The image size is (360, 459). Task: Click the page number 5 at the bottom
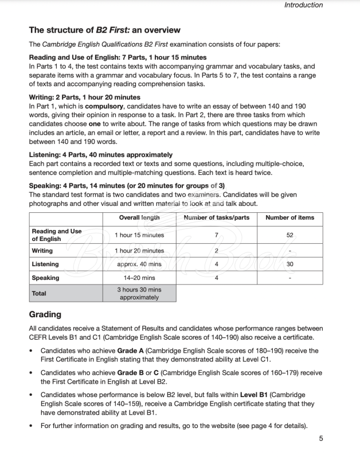click(x=321, y=439)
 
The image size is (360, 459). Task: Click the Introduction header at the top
click(x=303, y=5)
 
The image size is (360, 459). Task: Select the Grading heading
click(x=45, y=314)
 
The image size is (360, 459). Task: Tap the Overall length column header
click(x=139, y=218)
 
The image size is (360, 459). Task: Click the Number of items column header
click(x=289, y=218)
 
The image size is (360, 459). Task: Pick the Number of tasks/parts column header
click(x=216, y=218)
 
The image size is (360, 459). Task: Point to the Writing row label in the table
click(x=42, y=251)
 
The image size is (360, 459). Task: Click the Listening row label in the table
click(x=45, y=264)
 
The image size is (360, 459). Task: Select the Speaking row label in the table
click(x=45, y=278)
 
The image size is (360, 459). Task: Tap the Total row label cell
click(x=39, y=293)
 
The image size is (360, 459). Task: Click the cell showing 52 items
click(x=289, y=235)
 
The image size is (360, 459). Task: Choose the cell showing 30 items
click(x=289, y=264)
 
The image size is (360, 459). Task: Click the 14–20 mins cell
click(x=139, y=278)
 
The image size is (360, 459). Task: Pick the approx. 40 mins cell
click(x=139, y=264)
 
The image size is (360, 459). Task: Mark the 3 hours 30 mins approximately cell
click(x=139, y=294)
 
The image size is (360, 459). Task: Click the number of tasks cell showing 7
click(x=216, y=235)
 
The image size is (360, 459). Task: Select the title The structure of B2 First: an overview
click(x=104, y=30)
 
